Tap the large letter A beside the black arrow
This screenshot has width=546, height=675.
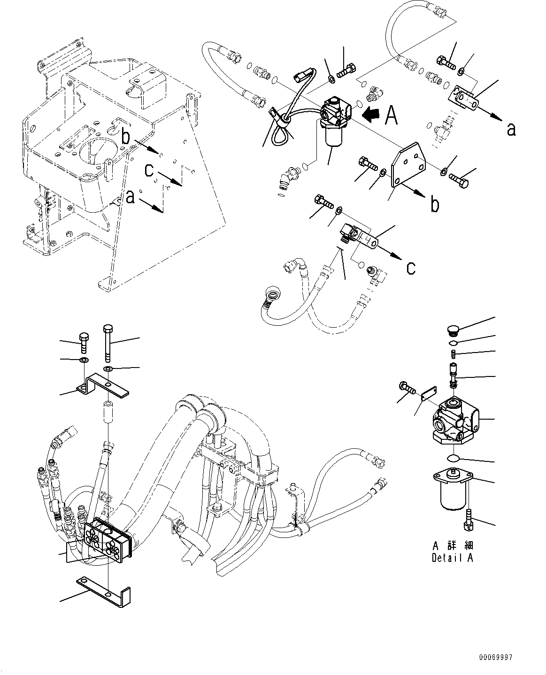[x=391, y=115]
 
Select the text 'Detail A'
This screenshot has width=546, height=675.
[x=452, y=558]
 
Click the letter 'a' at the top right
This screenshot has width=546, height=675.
[x=511, y=128]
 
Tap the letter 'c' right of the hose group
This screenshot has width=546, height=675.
[x=411, y=268]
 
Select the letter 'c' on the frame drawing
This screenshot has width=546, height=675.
[x=149, y=170]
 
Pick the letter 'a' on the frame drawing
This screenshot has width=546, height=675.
[x=131, y=197]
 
